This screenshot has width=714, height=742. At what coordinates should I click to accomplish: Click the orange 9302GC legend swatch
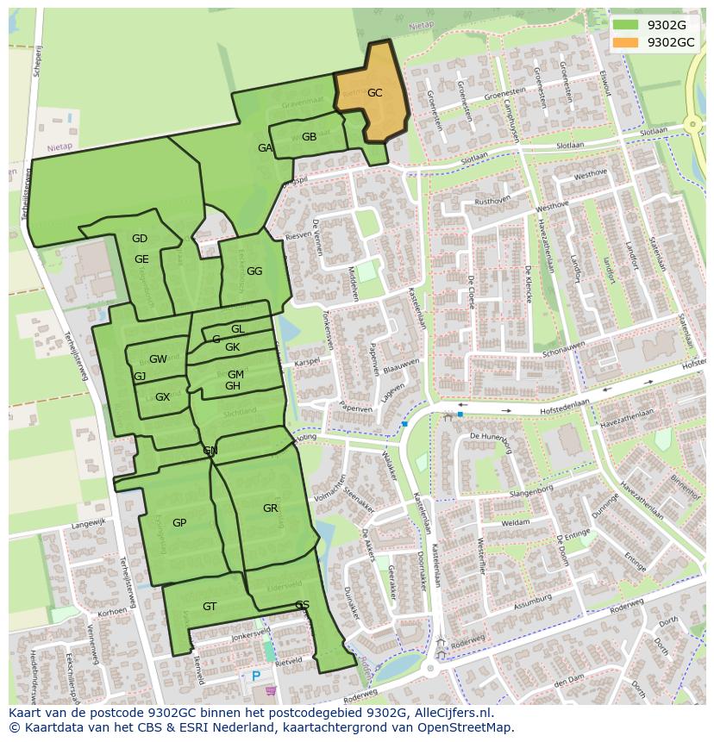click(626, 42)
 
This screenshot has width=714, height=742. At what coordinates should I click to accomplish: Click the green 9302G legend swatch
click(626, 25)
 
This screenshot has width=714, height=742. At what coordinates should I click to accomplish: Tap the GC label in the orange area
click(374, 93)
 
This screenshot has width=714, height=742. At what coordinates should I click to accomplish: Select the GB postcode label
click(309, 137)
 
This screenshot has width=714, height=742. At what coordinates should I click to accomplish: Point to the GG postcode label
click(254, 271)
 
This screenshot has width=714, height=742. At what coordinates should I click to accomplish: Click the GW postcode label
click(158, 359)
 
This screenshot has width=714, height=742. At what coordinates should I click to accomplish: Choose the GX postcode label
click(162, 397)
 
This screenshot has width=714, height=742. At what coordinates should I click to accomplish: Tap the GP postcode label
click(179, 523)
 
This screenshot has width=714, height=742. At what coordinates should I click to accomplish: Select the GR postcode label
click(270, 508)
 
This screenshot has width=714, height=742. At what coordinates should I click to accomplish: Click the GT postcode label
click(210, 607)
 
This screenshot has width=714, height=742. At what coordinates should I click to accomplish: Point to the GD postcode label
click(140, 239)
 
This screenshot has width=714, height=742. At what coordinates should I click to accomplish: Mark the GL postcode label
click(238, 329)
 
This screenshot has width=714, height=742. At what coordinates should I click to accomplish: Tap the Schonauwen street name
click(563, 349)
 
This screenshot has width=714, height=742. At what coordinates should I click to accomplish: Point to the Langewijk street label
click(88, 522)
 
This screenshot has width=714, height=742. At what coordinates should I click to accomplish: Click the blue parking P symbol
click(256, 677)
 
